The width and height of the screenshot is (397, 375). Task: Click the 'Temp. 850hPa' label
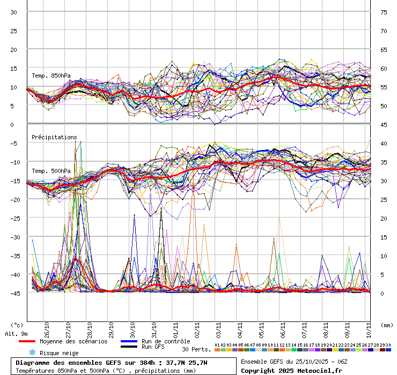[x=51, y=76]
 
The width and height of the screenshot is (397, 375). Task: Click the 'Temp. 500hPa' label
[x=51, y=171]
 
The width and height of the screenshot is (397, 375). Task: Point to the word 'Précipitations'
[x=54, y=137]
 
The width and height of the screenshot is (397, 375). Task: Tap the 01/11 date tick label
[x=175, y=327]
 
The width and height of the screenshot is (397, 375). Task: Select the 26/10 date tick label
[x=47, y=327]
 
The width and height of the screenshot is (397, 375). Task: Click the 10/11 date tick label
[x=369, y=327]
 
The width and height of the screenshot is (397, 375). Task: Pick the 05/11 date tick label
[x=261, y=327]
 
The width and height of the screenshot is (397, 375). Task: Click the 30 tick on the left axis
[x=14, y=12]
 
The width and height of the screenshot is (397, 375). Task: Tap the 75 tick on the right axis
[x=384, y=12]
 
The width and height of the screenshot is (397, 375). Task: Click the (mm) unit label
[x=386, y=325]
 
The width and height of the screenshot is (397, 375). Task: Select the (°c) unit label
[x=17, y=325]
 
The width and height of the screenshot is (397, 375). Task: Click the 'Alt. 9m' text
[x=16, y=334]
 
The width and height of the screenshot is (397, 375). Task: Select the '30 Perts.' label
[x=196, y=349]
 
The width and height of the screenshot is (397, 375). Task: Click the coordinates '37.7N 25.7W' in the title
[x=186, y=363]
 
